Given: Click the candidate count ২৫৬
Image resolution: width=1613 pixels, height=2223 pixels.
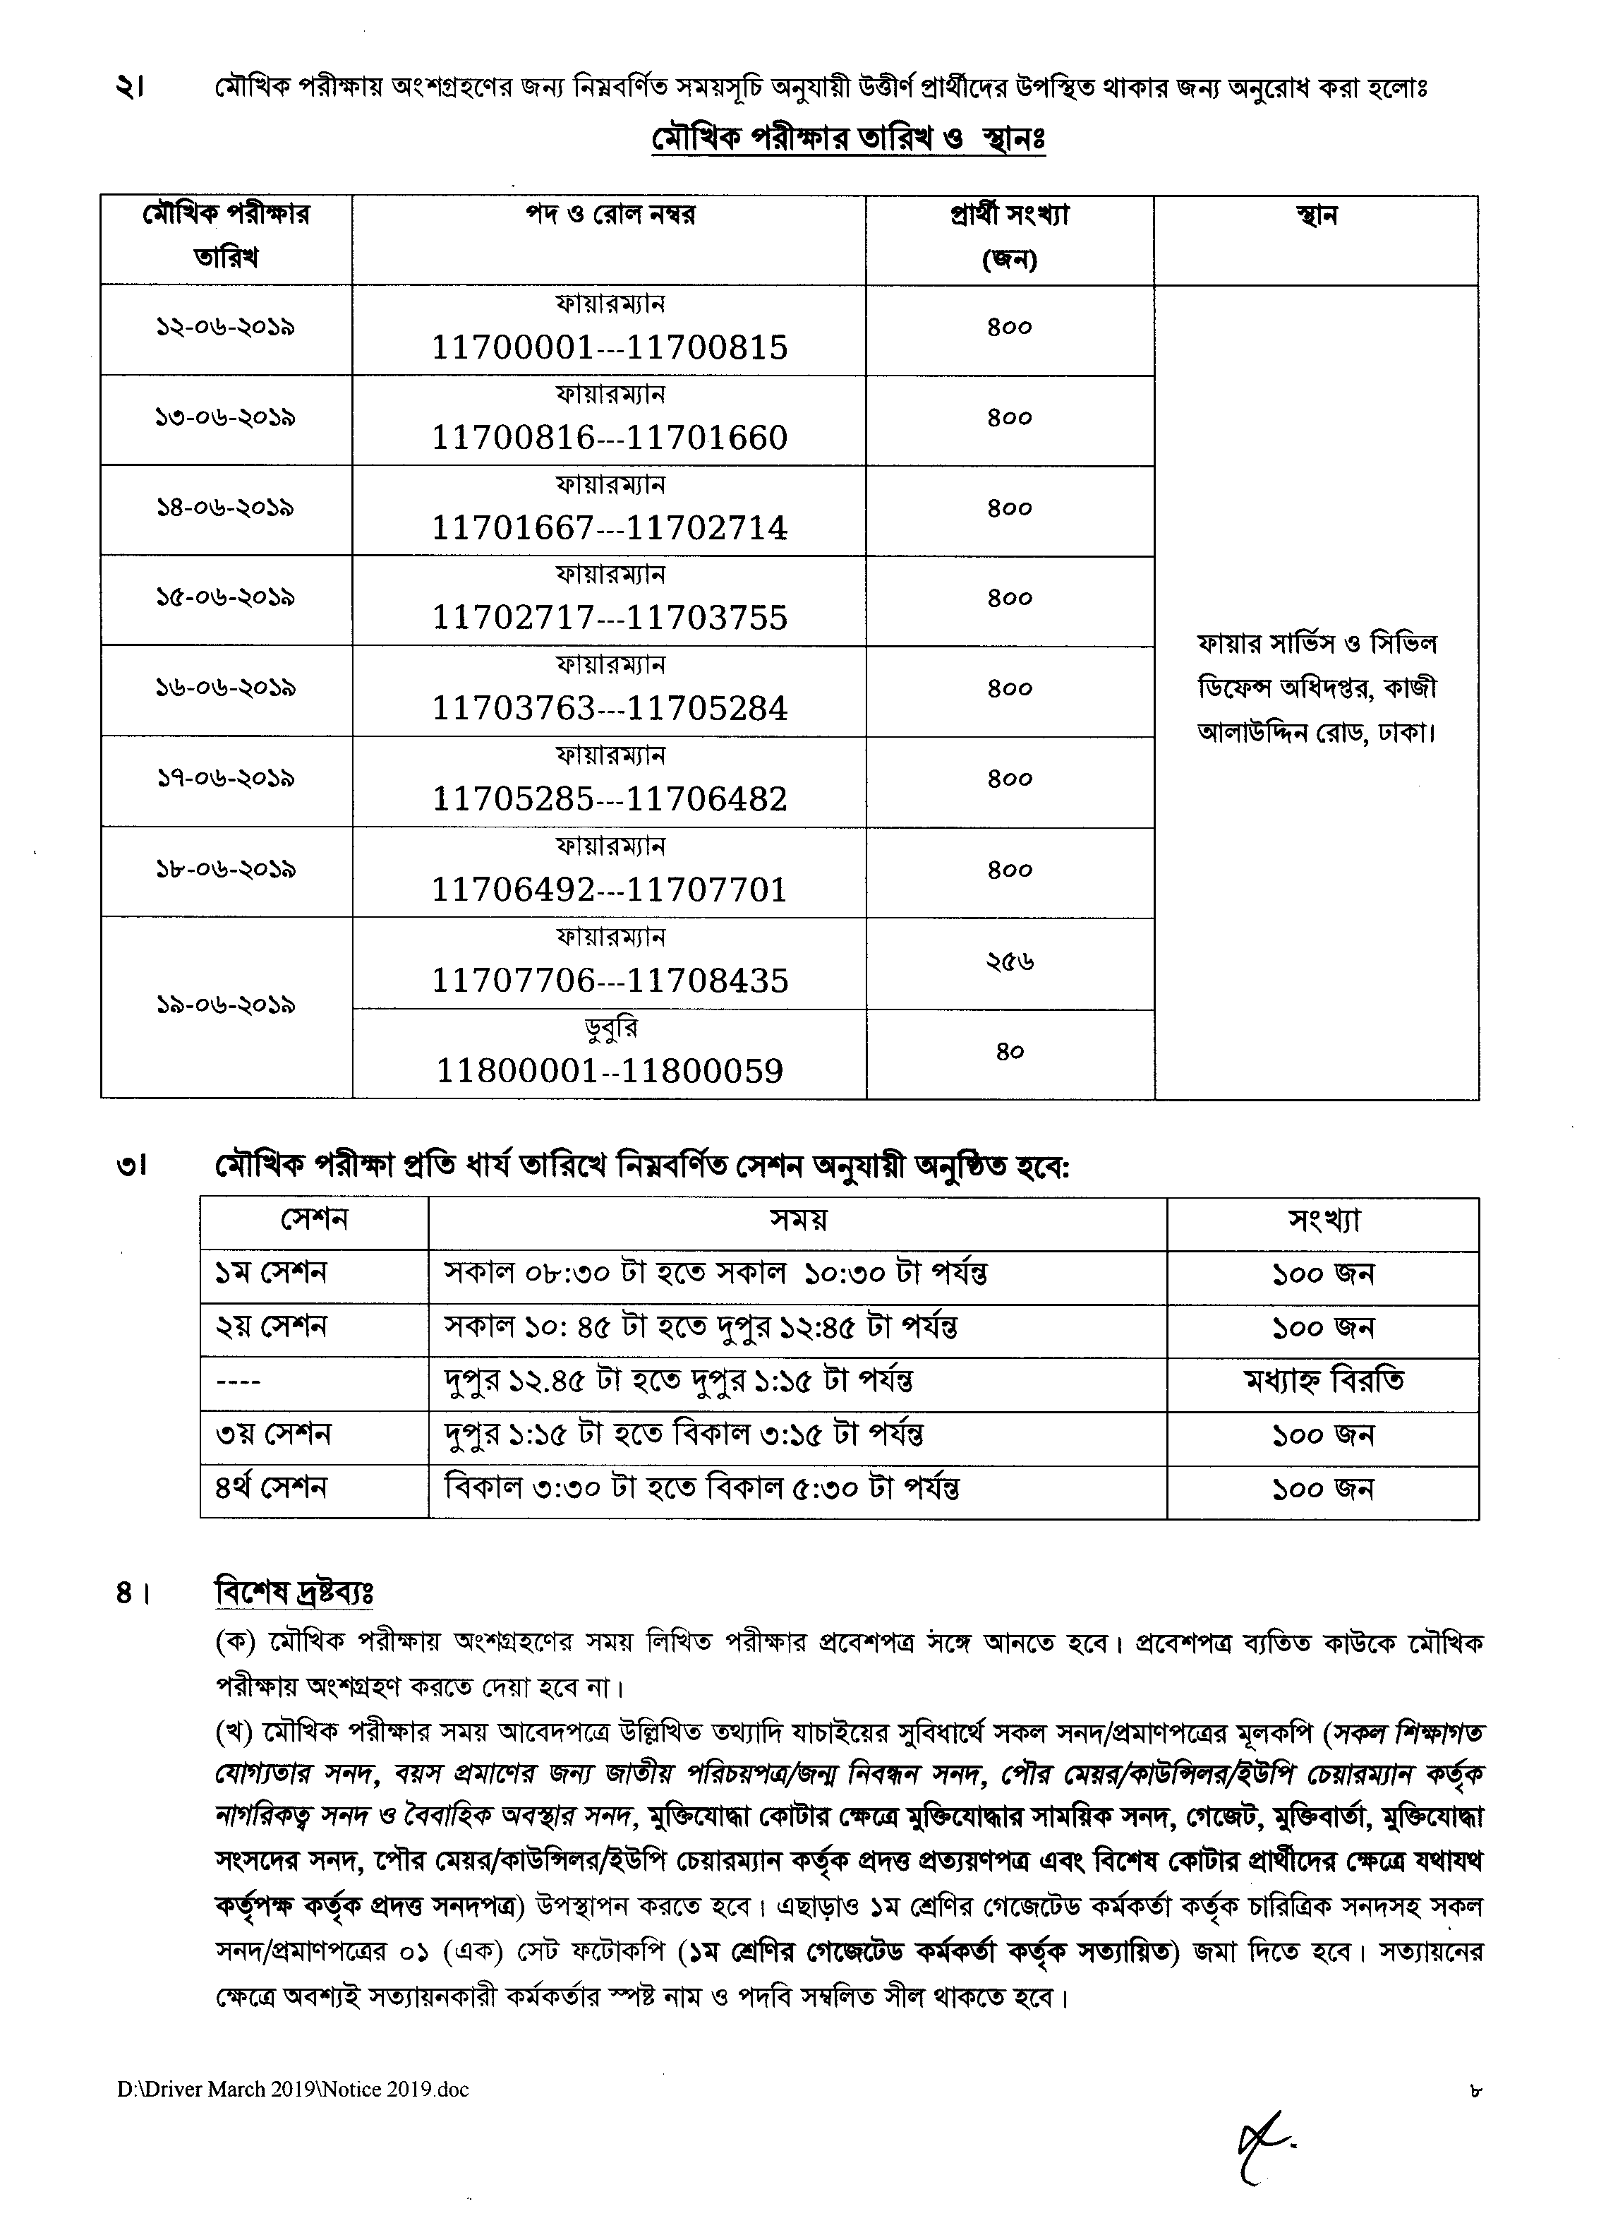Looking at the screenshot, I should (x=1009, y=962).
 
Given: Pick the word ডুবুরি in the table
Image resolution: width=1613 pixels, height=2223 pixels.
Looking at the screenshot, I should (x=610, y=1028).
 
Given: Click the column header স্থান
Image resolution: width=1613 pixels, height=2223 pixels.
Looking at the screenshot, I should (x=1315, y=215).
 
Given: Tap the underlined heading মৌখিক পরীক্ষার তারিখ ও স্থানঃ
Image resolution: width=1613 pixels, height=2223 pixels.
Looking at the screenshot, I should (x=849, y=139).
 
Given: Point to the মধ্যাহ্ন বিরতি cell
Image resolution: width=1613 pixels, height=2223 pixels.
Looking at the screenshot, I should (x=1323, y=1381).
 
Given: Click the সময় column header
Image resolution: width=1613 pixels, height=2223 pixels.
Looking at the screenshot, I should (x=798, y=1221).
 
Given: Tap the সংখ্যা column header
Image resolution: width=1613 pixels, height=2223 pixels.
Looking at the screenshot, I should (x=1323, y=1221).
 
